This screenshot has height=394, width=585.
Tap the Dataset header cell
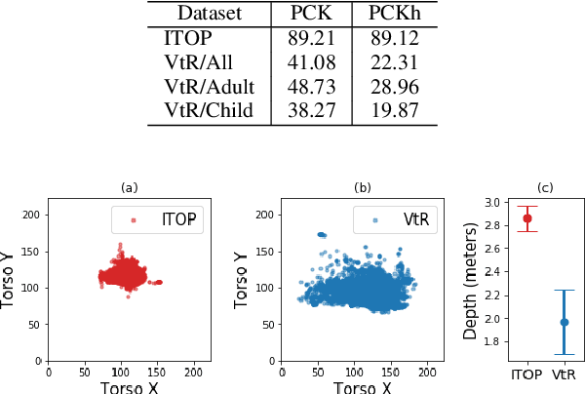click(x=208, y=14)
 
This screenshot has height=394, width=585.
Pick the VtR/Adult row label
click(x=208, y=87)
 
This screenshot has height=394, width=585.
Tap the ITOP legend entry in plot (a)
click(x=170, y=219)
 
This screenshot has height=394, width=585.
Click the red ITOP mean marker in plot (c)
click(x=527, y=218)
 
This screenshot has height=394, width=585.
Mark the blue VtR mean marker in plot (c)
click(x=564, y=322)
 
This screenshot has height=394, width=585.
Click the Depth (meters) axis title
click(x=471, y=280)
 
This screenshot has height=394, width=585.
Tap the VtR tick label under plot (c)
click(x=564, y=374)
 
